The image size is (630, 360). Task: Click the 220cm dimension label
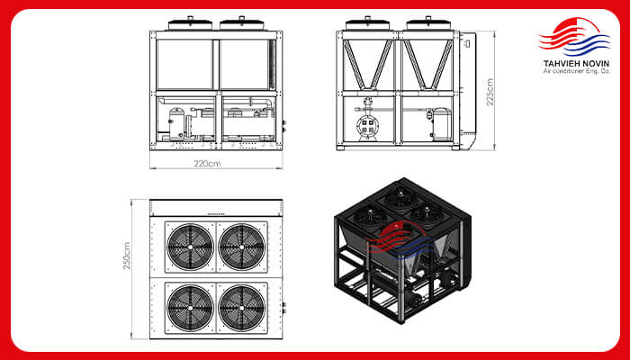click(x=207, y=164)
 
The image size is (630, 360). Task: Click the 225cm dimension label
click(x=490, y=92)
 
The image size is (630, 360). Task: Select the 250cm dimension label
click(x=127, y=256)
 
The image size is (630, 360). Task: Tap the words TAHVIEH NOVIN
click(x=576, y=64)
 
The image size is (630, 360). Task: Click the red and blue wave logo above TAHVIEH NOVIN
click(x=574, y=37)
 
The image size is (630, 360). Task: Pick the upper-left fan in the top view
click(x=190, y=247)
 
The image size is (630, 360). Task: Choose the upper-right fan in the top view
click(x=242, y=247)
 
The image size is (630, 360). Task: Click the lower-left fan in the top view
click(x=190, y=308)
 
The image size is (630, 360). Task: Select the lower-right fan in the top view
click(x=242, y=308)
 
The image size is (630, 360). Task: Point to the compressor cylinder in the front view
click(x=175, y=124)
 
